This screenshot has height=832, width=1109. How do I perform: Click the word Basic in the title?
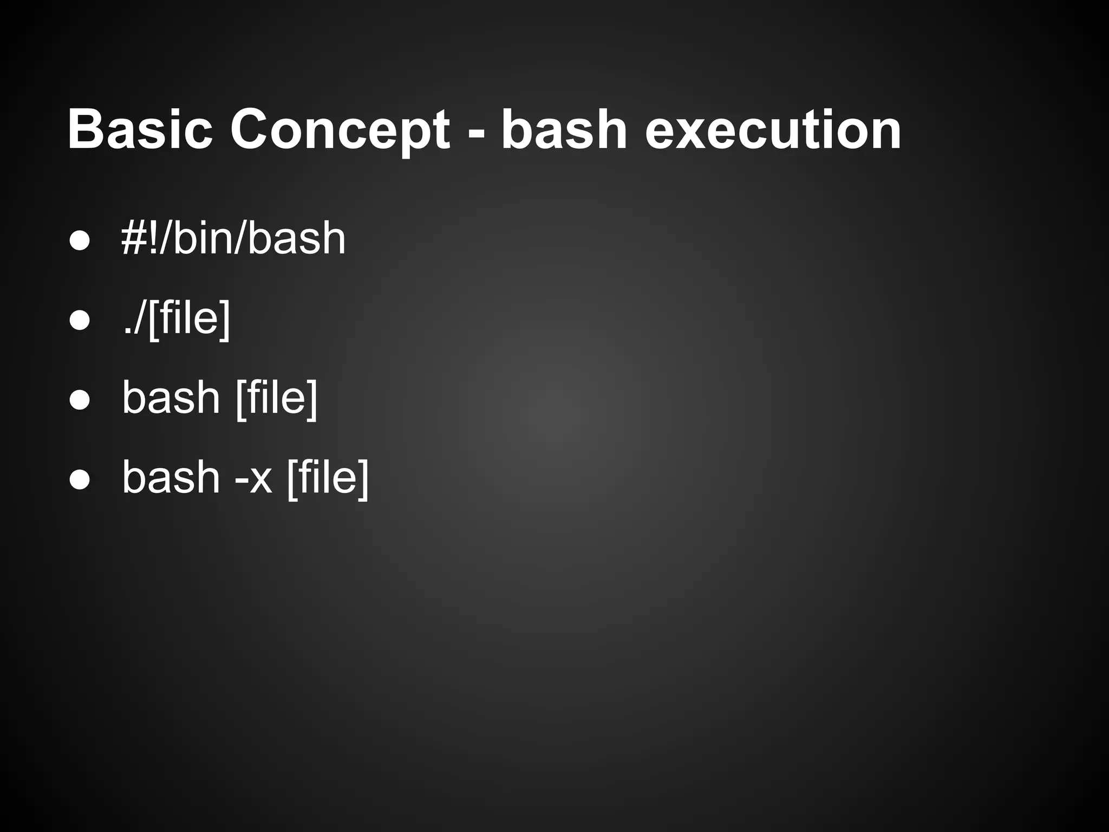(140, 129)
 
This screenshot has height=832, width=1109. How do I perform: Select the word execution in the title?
(773, 129)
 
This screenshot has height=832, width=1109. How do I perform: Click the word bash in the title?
(563, 129)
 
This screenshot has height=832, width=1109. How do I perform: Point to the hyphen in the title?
(475, 133)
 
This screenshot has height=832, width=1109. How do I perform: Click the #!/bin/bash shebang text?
(233, 238)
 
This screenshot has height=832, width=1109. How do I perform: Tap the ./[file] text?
(177, 318)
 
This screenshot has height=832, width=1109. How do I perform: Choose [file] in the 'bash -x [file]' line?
(328, 478)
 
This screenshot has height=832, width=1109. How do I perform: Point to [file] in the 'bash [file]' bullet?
(277, 398)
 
